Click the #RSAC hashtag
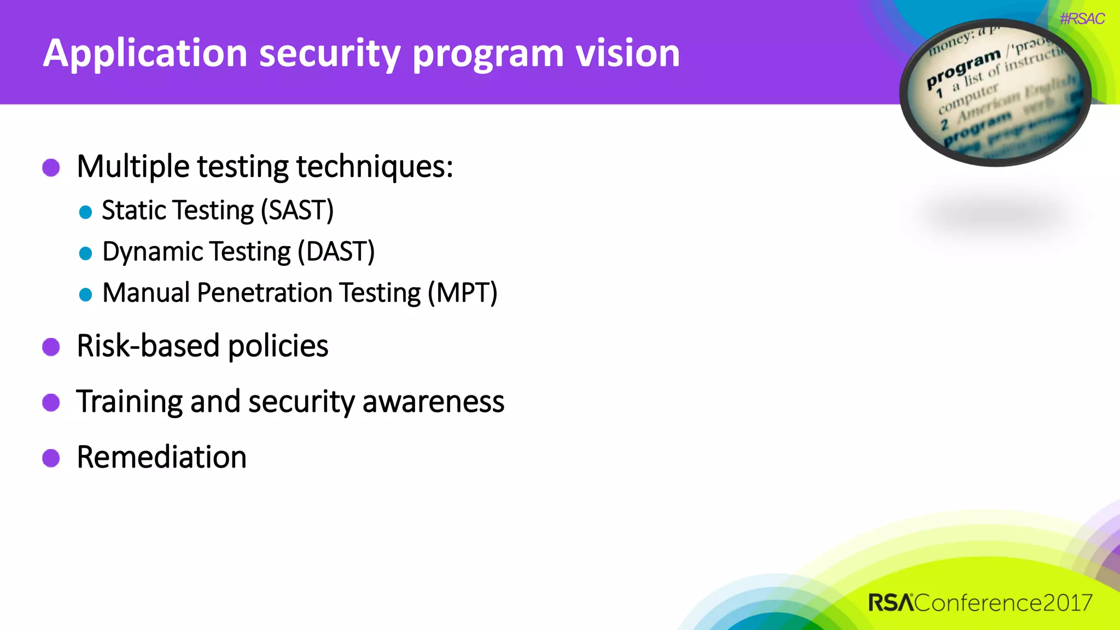(1082, 19)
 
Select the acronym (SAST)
(297, 211)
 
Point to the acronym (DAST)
(336, 252)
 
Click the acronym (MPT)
(462, 293)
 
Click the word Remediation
(162, 457)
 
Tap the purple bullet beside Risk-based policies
(51, 347)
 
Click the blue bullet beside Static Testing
(85, 212)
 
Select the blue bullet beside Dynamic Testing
(85, 253)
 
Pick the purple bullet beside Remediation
(51, 458)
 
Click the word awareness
(433, 402)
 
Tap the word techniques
(374, 167)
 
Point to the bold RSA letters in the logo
(891, 603)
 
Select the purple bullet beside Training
(51, 402)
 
